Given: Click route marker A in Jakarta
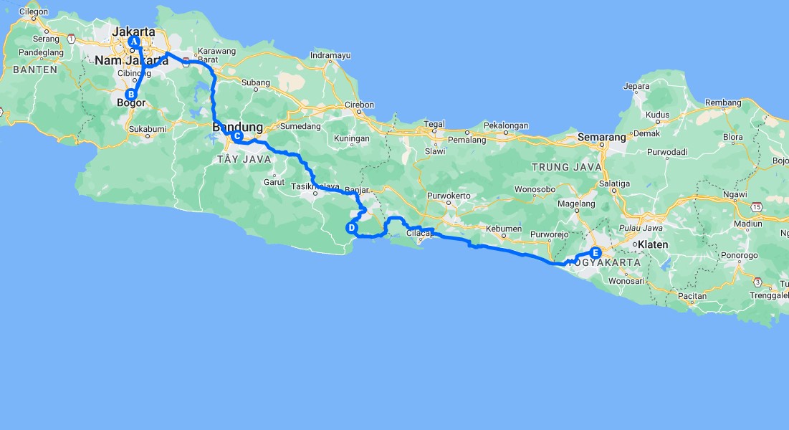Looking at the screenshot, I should [133, 42].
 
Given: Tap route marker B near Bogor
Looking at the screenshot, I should [131, 94].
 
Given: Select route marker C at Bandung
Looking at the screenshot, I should [237, 136].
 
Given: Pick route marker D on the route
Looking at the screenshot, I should [352, 228].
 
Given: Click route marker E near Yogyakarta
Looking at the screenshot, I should [596, 252].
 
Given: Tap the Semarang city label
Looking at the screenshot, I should [602, 136].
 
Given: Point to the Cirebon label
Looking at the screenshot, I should [359, 105].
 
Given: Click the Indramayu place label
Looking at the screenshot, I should [330, 55].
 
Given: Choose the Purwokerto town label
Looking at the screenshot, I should [449, 196].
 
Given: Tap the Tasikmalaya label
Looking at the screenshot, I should [316, 186].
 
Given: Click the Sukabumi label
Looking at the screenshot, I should [148, 129].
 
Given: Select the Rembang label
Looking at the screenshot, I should [723, 102].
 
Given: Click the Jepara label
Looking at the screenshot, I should [636, 87].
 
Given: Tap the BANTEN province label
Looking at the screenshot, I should [34, 70].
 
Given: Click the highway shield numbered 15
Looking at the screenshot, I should [757, 206].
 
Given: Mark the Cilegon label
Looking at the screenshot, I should [34, 12].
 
